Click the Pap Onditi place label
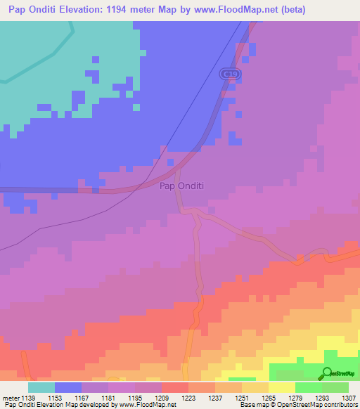(x=181, y=186)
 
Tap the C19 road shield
(x=226, y=73)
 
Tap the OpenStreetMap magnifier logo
(x=326, y=374)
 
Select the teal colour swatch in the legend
(x=41, y=387)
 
